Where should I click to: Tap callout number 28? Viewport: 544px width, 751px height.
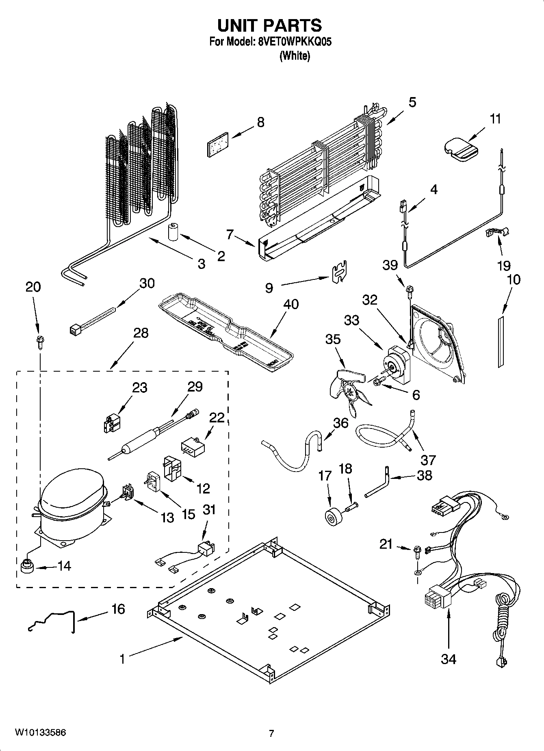pyautogui.click(x=141, y=333)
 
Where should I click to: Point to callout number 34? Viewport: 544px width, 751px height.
pyautogui.click(x=449, y=659)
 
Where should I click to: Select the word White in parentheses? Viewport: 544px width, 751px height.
pyautogui.click(x=295, y=56)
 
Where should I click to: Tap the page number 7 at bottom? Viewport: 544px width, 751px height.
pyautogui.click(x=271, y=733)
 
